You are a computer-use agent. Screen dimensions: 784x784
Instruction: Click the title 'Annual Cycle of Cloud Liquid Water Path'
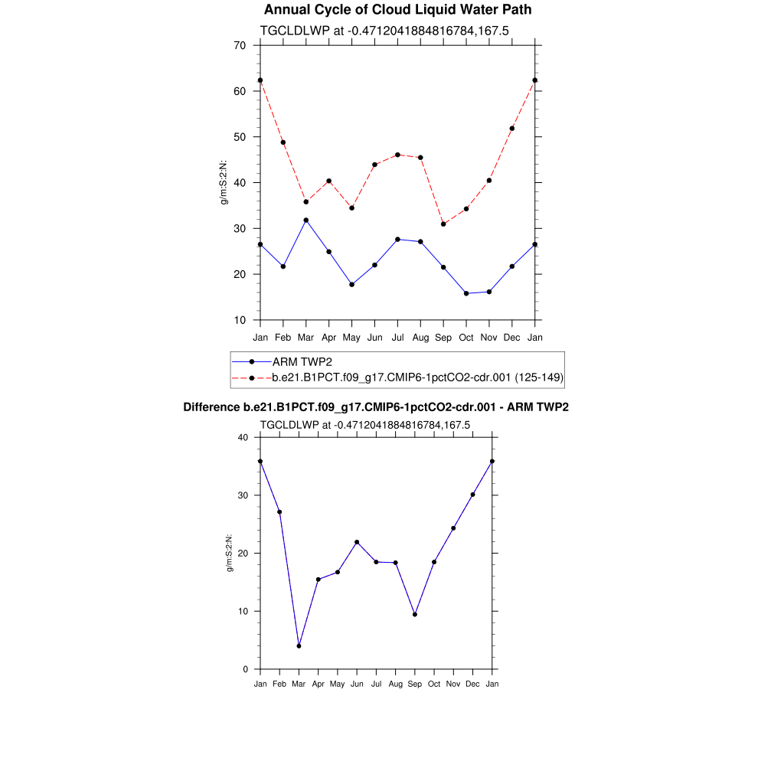coord(397,10)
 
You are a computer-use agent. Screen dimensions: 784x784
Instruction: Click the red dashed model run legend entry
coord(417,377)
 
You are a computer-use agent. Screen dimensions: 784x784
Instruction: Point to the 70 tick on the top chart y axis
coord(240,45)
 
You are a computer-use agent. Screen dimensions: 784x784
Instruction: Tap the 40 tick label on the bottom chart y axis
coord(243,438)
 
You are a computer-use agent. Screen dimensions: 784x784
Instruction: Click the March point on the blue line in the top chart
coord(306,220)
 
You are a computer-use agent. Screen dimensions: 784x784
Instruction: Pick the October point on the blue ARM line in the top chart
coord(466,293)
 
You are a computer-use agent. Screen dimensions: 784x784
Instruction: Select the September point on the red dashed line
coord(443,224)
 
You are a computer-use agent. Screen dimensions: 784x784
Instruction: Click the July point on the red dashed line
coord(397,155)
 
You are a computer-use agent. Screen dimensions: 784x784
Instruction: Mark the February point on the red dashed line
coord(283,142)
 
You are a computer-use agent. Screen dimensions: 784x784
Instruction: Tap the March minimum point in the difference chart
coord(299,646)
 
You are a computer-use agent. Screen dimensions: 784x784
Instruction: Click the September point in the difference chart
coord(415,614)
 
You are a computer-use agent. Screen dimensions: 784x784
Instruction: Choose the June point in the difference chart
coord(357,542)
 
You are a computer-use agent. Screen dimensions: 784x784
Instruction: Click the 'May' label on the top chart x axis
coord(351,337)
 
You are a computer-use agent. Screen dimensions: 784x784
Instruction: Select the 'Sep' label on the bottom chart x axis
coord(415,684)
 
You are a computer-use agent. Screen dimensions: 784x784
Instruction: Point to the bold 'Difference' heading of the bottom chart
coord(212,407)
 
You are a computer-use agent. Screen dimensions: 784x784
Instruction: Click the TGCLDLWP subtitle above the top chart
coord(384,31)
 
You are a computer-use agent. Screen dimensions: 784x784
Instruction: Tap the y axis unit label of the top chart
coord(224,182)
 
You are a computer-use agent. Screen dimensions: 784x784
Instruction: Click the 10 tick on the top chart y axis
coord(240,320)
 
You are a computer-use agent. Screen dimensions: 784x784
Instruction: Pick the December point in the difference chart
coord(472,495)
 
